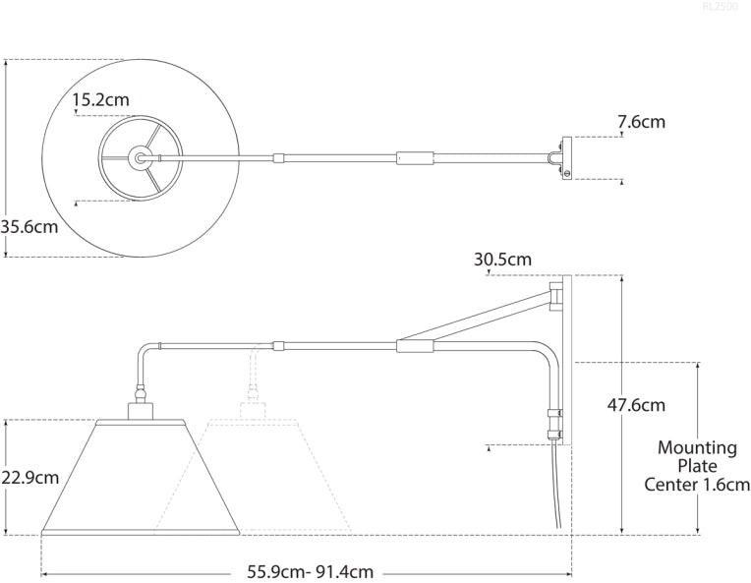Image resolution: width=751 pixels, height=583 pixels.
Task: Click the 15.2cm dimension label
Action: [x=100, y=99]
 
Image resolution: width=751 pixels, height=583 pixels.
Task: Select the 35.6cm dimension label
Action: [x=29, y=226]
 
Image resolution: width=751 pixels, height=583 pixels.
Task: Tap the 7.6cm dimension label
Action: [x=641, y=122]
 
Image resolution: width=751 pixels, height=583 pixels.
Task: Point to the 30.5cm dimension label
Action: [x=502, y=260]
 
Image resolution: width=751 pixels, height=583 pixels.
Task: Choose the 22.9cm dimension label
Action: [x=29, y=478]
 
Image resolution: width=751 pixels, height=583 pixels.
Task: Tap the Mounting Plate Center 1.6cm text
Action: [x=697, y=466]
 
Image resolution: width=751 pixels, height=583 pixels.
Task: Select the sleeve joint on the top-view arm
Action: [x=414, y=157]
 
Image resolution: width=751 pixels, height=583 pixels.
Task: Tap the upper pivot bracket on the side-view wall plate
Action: [x=557, y=295]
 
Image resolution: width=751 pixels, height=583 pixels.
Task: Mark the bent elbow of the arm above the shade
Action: [x=144, y=349]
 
